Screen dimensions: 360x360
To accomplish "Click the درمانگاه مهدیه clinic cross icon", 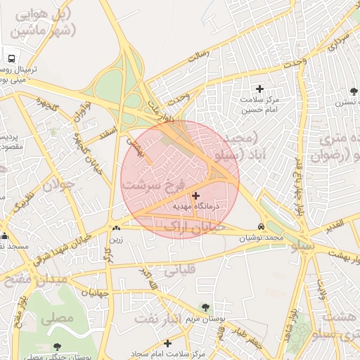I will tap(195, 195).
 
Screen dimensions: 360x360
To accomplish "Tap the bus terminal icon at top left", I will tap(12, 59).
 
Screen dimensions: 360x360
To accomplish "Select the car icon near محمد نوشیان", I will tap(262, 226).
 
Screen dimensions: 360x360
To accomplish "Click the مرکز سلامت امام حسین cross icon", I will tap(260, 89).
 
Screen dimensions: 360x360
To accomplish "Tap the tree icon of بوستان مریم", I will tap(205, 307).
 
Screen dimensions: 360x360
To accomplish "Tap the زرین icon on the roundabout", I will tap(115, 228).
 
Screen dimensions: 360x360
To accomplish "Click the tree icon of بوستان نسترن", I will tap(354, 91).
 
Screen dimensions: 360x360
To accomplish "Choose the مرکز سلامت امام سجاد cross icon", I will tap(167, 343).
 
